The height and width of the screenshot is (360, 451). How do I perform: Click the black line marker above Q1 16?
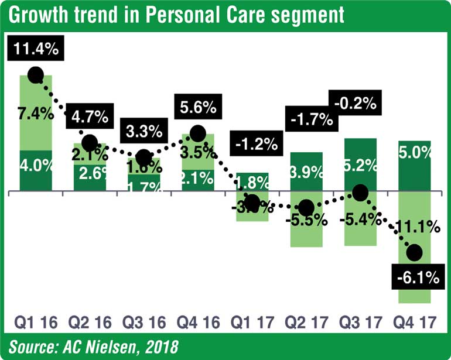click(x=35, y=75)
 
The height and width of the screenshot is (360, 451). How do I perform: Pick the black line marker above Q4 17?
click(x=414, y=253)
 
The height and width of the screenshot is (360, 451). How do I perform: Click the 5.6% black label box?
click(x=197, y=108)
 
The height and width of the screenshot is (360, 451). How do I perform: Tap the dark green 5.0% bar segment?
click(x=415, y=166)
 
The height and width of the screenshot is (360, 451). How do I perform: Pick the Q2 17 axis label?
click(x=306, y=323)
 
